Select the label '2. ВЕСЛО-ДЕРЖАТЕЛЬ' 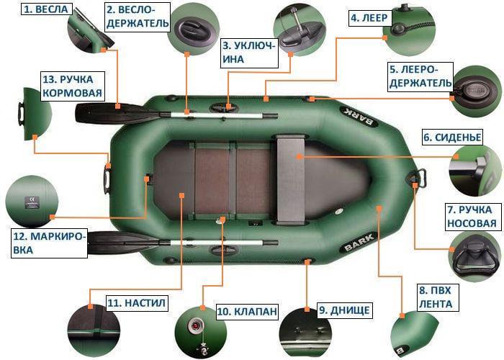click(138, 17)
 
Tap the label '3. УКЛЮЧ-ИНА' click(249, 51)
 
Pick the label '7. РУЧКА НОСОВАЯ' click(471, 216)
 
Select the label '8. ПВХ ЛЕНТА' click(435, 297)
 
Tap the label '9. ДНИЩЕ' click(345, 310)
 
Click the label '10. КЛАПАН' click(246, 311)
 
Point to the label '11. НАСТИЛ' click(136, 303)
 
